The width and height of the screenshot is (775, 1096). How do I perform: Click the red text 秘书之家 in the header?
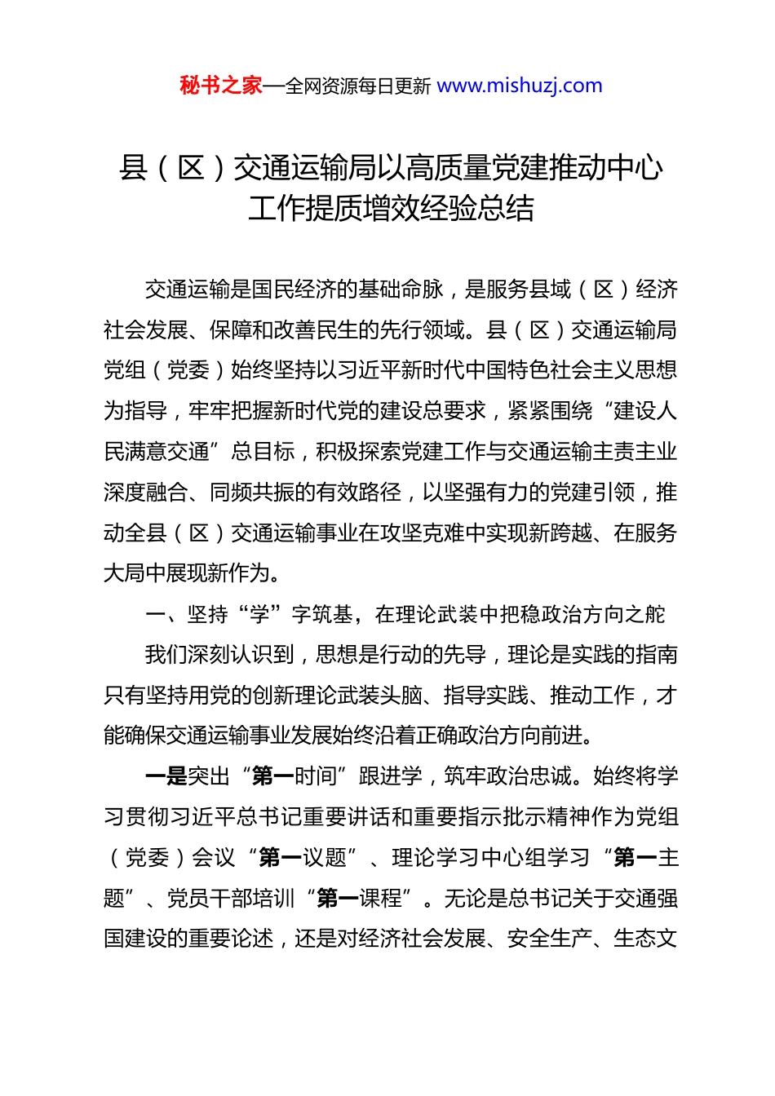pos(221,86)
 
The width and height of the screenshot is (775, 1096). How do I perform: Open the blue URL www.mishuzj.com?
pos(520,86)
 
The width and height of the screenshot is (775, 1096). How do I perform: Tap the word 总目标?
pos(263,452)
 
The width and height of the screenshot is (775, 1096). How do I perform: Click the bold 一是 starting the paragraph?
pos(166,776)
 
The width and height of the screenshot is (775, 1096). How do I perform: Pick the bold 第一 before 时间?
pos(273,776)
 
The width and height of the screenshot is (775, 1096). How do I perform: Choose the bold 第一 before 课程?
pos(337,899)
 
